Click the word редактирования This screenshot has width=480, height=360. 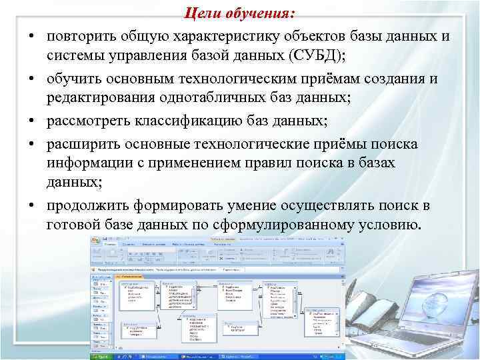(x=101, y=99)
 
